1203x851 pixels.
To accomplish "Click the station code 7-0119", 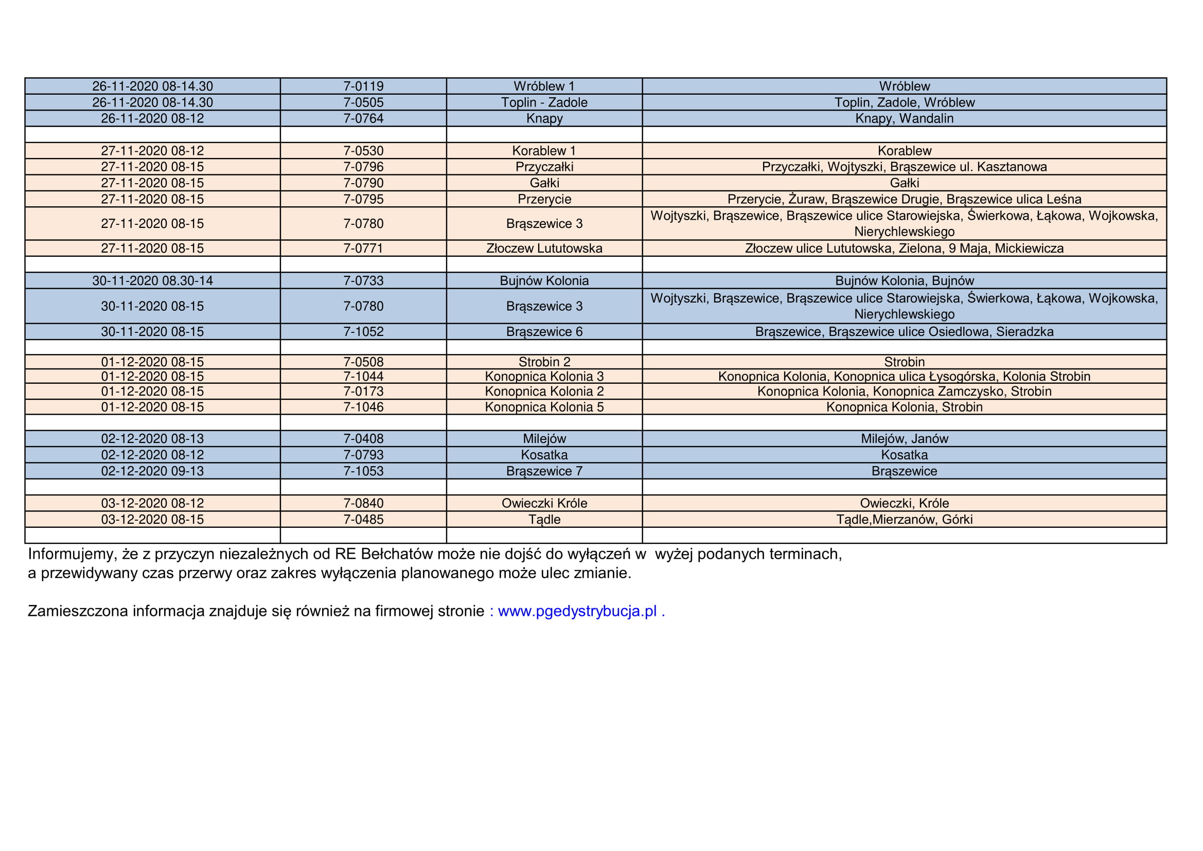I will (x=363, y=86).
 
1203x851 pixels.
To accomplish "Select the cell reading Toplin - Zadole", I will (x=544, y=103).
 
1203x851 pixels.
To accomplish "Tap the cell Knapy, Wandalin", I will (x=904, y=119).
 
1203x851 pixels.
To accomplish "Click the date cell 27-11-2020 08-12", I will (x=152, y=151).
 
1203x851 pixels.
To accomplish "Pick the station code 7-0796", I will (x=363, y=167).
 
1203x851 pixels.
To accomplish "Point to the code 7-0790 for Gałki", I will (x=363, y=183).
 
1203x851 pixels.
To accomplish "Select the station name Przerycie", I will (x=544, y=200).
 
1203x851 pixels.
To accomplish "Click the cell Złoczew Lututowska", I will (x=544, y=249).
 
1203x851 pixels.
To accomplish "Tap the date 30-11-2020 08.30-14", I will (x=152, y=281).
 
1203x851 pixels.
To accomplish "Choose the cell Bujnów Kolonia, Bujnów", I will (x=904, y=281).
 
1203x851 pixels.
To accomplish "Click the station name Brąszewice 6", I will (x=544, y=332).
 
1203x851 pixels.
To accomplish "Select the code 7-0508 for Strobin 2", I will (x=363, y=362).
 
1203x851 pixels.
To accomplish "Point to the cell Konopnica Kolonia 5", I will (x=544, y=407).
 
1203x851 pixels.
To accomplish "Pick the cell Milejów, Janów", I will (x=904, y=439).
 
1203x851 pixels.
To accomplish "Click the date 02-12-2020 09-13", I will (x=152, y=471).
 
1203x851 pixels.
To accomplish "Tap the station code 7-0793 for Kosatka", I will (x=363, y=455).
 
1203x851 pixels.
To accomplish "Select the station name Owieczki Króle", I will (x=544, y=504).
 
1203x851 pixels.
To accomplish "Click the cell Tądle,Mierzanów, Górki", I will (x=904, y=520).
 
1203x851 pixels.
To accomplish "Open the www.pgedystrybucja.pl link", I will (x=577, y=611).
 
